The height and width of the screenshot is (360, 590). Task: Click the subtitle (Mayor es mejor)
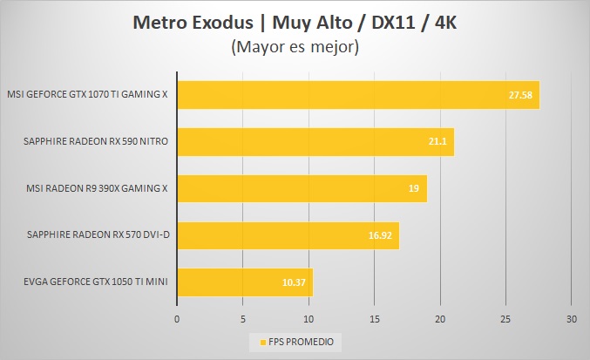[295, 48]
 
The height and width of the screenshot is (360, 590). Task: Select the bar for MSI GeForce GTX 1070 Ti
[358, 95]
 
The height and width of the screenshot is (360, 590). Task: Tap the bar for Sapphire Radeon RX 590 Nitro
[315, 142]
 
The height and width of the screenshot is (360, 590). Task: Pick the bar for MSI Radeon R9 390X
[302, 188]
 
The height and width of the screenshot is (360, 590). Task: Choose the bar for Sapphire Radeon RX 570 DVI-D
[288, 235]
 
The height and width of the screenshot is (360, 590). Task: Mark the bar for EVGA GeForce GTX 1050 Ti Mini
[245, 282]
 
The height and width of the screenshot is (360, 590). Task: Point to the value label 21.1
[436, 142]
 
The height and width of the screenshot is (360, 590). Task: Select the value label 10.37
[293, 282]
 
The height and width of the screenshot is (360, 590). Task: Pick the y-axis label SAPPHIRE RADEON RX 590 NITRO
[98, 141]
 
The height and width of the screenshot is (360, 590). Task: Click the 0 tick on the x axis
[177, 318]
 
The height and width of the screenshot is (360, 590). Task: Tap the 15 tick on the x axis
[374, 318]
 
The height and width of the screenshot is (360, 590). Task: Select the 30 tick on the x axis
[571, 318]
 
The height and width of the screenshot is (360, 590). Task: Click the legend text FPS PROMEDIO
[300, 341]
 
